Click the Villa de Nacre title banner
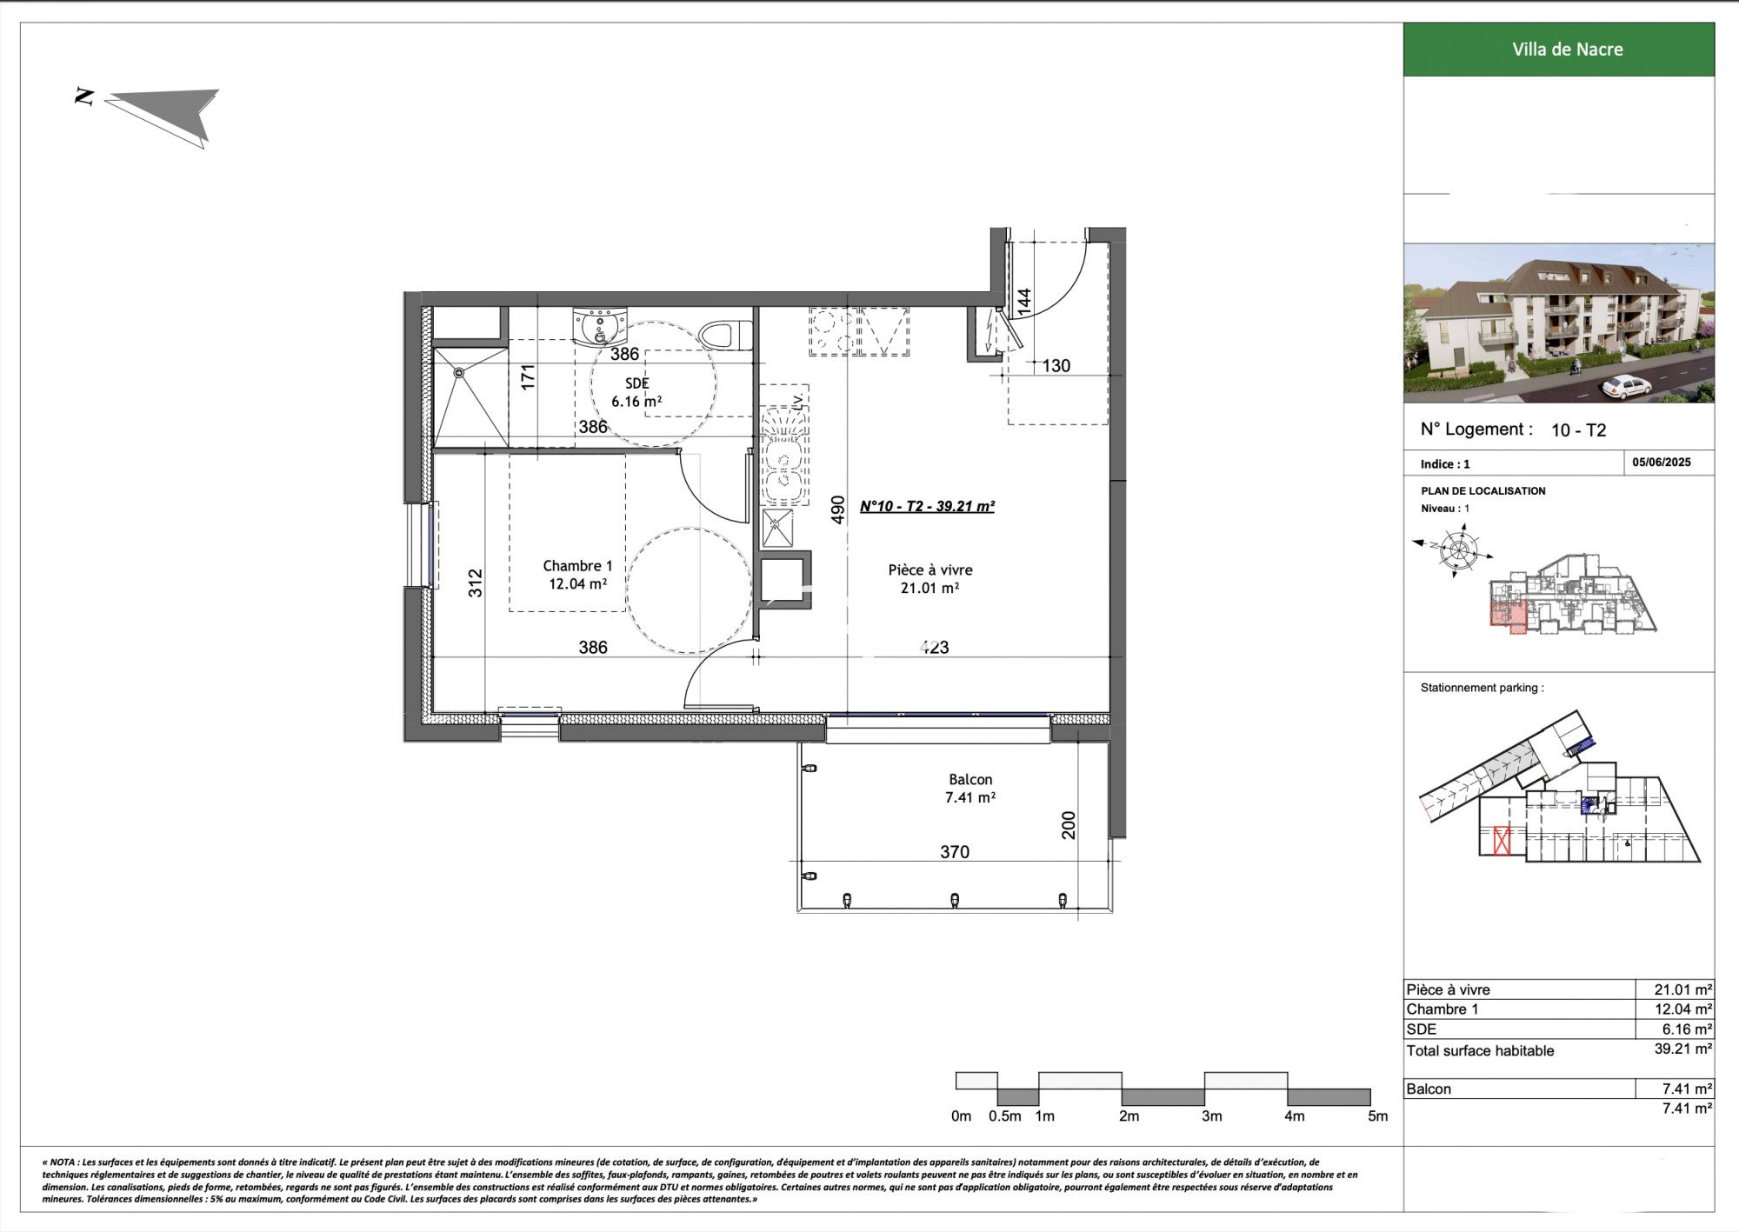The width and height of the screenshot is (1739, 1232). click(x=1558, y=50)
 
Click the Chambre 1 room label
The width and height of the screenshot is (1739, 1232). click(x=577, y=575)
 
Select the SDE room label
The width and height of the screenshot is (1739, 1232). click(x=636, y=392)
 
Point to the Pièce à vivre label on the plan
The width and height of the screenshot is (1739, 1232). click(x=930, y=579)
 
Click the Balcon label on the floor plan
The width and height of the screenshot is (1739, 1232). click(x=970, y=789)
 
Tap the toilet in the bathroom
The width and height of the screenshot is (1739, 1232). click(x=724, y=336)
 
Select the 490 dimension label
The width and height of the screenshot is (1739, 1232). click(x=837, y=509)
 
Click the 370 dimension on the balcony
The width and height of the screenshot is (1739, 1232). click(x=955, y=852)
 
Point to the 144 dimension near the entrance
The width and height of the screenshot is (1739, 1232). click(x=1024, y=302)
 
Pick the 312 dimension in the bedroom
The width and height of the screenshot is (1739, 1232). click(x=475, y=583)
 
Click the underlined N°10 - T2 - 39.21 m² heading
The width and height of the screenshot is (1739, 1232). click(x=927, y=506)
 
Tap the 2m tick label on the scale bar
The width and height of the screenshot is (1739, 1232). click(x=1129, y=1116)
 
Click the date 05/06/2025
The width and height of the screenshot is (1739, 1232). click(x=1662, y=463)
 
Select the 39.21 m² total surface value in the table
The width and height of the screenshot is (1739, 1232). click(x=1683, y=1049)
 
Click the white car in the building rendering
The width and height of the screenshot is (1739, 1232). click(x=1624, y=387)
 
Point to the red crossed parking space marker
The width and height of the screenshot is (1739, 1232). click(x=1502, y=842)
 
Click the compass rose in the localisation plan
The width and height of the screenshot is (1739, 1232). click(x=1455, y=549)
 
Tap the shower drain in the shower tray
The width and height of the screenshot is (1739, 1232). click(x=460, y=373)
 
